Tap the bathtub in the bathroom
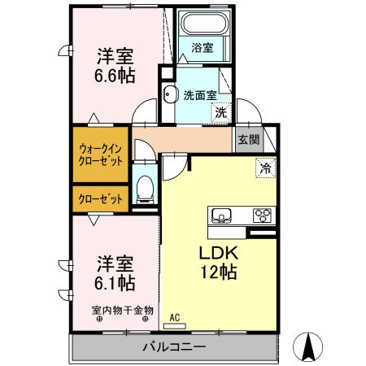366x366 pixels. coord(203,24)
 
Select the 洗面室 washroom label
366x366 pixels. coord(198,93)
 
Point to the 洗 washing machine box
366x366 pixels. coord(221,113)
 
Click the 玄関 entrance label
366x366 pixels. coord(249,139)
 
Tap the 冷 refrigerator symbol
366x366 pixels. coord(265,169)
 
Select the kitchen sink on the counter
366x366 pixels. coord(222,216)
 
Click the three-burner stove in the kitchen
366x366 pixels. coord(263,216)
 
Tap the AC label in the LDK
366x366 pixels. coord(173,317)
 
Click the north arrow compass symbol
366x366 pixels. coord(308,347)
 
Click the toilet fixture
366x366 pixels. coord(145,187)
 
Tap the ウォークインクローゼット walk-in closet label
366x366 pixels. coord(102,155)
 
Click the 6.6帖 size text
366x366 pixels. coord(116,75)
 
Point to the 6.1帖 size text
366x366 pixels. coord(116,283)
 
